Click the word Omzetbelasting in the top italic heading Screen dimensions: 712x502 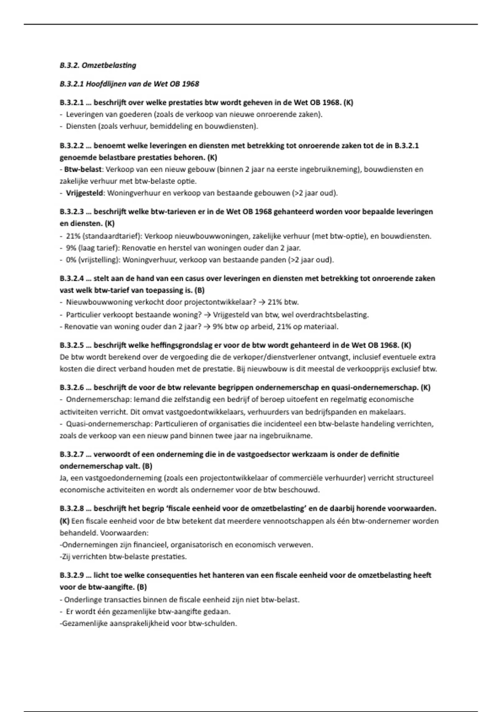pyautogui.click(x=109, y=65)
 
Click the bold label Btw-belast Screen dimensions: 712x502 pyautogui.click(x=83, y=169)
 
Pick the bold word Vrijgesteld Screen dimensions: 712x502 pyautogui.click(x=85, y=193)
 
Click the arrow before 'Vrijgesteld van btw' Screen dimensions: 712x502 pyautogui.click(x=207, y=315)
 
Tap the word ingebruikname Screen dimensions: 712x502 pyautogui.click(x=286, y=436)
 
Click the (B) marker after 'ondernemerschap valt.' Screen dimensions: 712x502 pyautogui.click(x=147, y=466)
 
